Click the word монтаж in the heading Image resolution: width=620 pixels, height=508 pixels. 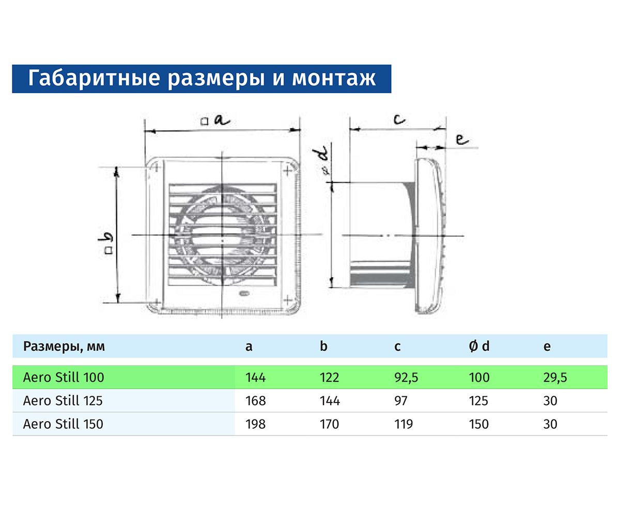coord(334,79)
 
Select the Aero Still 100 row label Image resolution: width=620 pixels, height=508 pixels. coord(64,378)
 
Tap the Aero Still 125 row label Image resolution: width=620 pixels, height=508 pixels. coord(64,401)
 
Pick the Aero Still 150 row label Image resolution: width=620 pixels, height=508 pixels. coord(64,424)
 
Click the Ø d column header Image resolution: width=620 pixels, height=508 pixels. coord(479,347)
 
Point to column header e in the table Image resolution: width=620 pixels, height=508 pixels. coord(547,347)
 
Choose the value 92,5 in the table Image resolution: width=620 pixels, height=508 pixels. coord(406,378)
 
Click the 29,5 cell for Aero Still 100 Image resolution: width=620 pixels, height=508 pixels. coord(555,378)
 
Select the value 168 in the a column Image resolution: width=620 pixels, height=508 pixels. coord(256,401)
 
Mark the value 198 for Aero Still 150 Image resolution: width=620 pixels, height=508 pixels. coord(256,424)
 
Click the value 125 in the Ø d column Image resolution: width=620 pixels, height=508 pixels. coord(479,401)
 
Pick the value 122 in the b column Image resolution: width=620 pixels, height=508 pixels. coord(330,378)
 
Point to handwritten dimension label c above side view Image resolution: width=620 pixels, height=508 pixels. coord(398,120)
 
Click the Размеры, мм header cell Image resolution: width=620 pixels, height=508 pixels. coord(64,347)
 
